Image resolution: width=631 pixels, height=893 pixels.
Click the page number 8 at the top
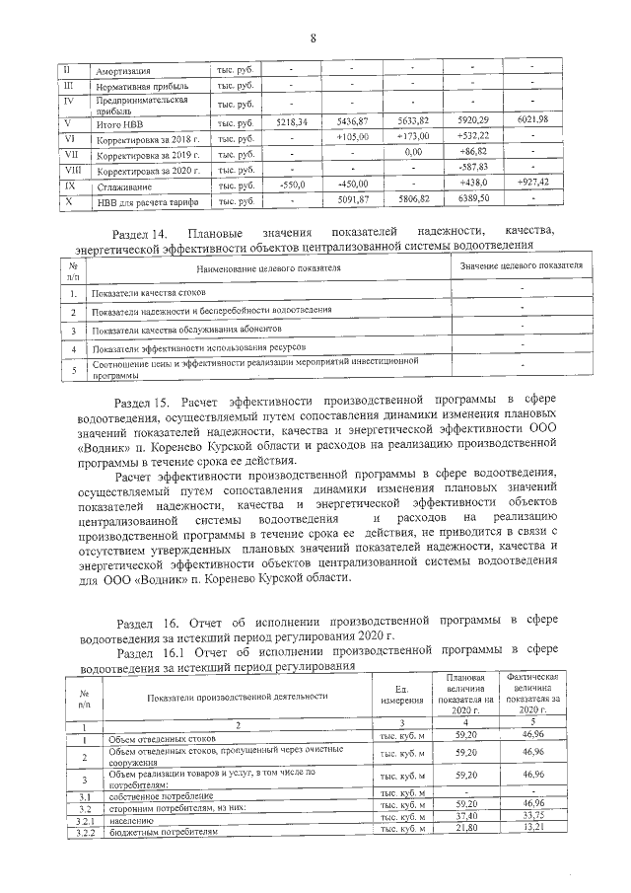[314, 38]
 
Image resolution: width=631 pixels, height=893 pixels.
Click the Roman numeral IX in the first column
[68, 185]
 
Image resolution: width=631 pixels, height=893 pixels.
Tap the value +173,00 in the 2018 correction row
[414, 136]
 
